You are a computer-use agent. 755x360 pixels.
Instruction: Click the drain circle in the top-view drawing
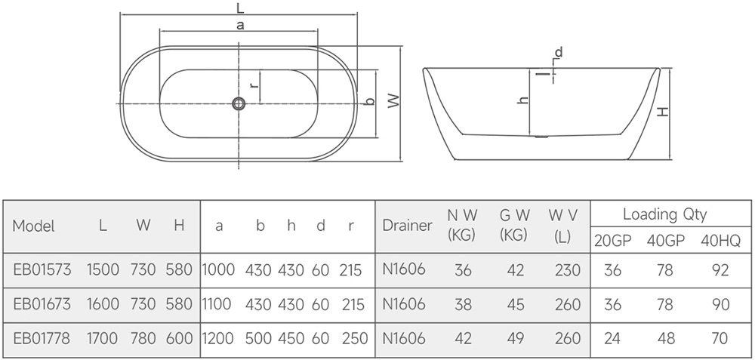pyautogui.click(x=239, y=103)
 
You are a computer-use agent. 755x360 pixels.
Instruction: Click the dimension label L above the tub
pyautogui.click(x=240, y=7)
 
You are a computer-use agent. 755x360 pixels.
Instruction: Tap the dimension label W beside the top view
pyautogui.click(x=394, y=100)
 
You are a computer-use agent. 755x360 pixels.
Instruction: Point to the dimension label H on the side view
pyautogui.click(x=664, y=112)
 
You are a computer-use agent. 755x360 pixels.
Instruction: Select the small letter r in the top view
pyautogui.click(x=254, y=85)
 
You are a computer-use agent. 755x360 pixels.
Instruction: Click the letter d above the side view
pyautogui.click(x=559, y=52)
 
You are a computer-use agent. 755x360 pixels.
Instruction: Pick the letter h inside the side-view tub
pyautogui.click(x=523, y=100)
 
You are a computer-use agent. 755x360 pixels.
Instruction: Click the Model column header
pyautogui.click(x=34, y=226)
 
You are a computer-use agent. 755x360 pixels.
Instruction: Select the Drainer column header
pyautogui.click(x=408, y=225)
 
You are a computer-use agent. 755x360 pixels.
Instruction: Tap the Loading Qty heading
pyautogui.click(x=665, y=214)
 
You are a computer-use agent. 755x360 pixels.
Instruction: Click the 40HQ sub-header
pyautogui.click(x=720, y=241)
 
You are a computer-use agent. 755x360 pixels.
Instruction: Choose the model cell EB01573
pyautogui.click(x=42, y=269)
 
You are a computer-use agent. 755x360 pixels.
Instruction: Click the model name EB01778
pyautogui.click(x=42, y=339)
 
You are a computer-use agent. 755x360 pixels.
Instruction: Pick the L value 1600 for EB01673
pyautogui.click(x=103, y=304)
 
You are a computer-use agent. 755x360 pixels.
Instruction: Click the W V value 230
pyautogui.click(x=568, y=270)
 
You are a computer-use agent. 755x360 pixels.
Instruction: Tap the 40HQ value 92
pyautogui.click(x=720, y=270)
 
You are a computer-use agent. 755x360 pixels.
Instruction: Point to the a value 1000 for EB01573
pyautogui.click(x=219, y=269)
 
